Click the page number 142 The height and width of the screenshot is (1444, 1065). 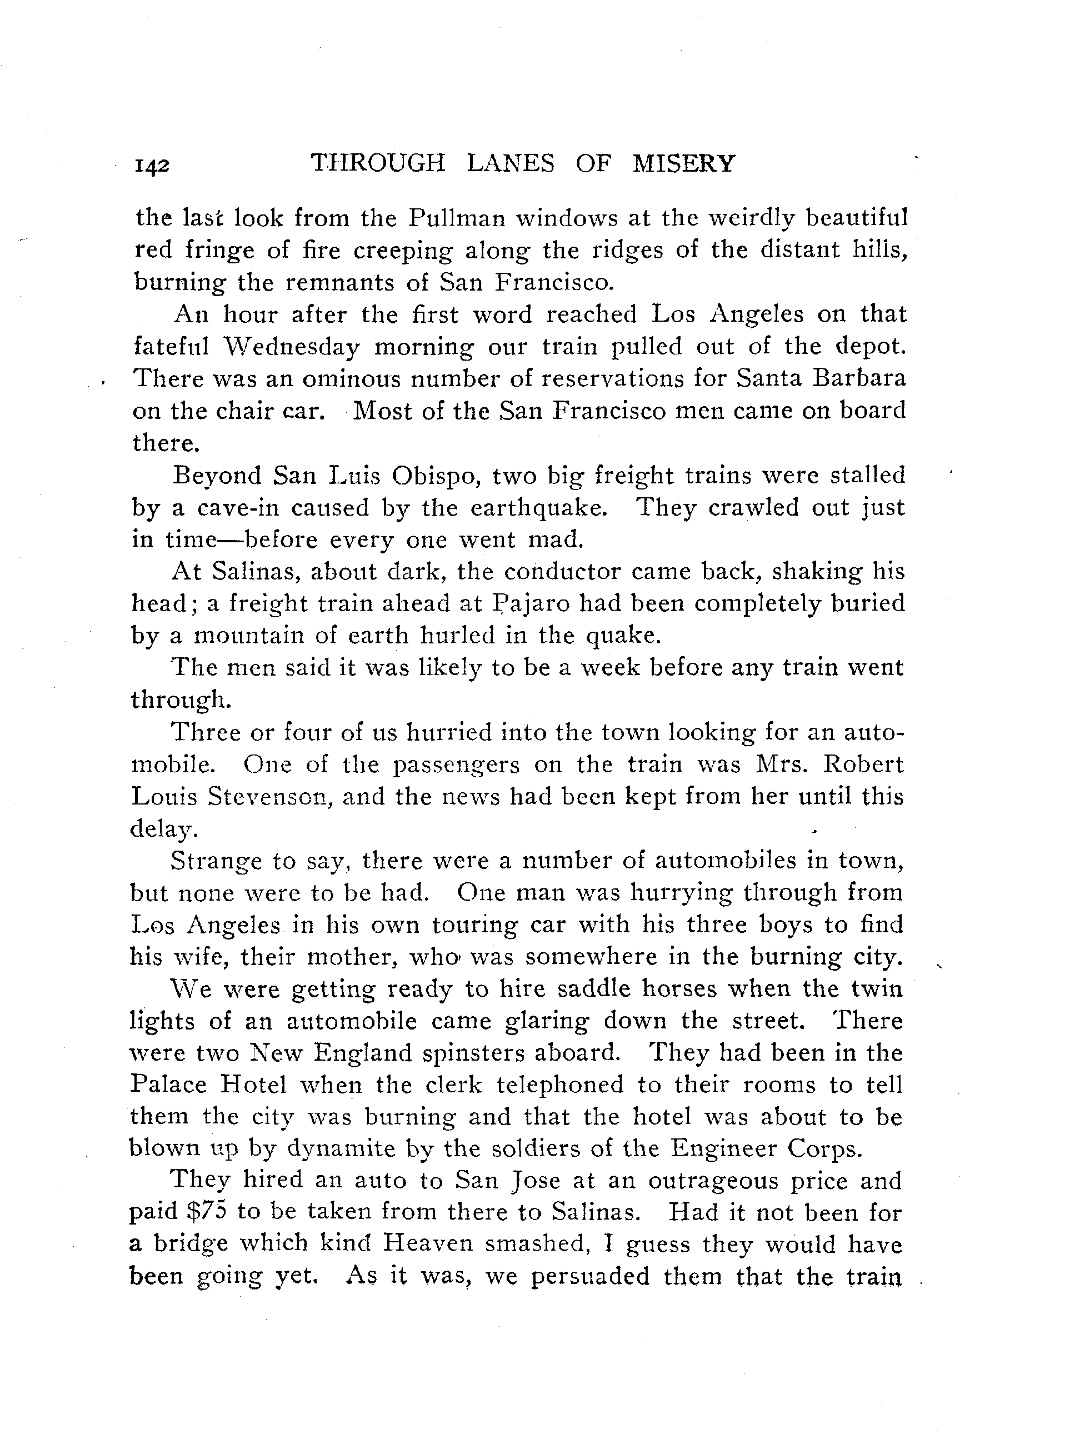(x=152, y=166)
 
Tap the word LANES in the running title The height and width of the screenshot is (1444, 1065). (x=510, y=164)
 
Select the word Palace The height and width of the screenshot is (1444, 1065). (x=168, y=1085)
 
